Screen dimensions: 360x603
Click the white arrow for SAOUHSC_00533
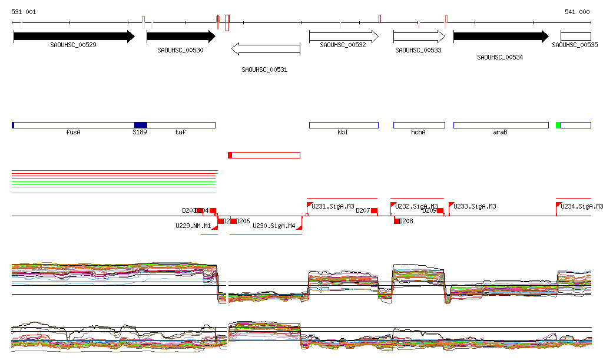419,37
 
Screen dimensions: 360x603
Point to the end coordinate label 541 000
577,12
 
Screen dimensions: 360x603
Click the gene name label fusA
74,133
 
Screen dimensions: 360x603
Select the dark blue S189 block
140,125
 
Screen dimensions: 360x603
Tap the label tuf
180,133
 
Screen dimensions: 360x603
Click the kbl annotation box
343,125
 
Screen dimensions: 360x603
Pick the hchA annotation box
419,125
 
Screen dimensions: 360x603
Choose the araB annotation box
501,125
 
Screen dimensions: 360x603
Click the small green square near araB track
558,125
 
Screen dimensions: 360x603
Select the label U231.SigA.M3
333,207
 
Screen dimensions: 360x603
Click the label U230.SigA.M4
274,226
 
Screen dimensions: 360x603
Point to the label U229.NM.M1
193,226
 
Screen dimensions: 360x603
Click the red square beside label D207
374,211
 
